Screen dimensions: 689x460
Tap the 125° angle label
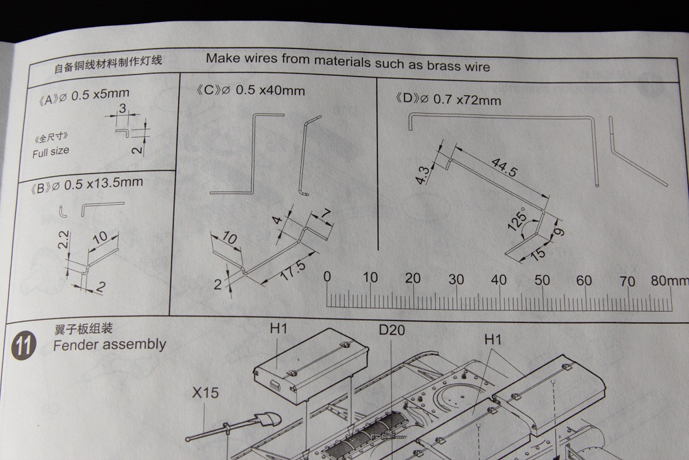(x=517, y=219)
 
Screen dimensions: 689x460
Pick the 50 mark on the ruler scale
(x=542, y=280)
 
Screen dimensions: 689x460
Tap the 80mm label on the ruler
(x=669, y=281)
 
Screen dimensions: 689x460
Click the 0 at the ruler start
(x=327, y=277)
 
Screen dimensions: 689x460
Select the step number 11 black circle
(x=23, y=346)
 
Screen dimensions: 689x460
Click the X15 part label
(x=205, y=393)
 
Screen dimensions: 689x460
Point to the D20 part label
(x=392, y=330)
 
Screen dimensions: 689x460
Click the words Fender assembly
(x=110, y=344)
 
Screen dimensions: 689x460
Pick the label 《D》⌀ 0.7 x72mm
(x=448, y=100)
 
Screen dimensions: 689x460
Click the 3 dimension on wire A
(x=122, y=108)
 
